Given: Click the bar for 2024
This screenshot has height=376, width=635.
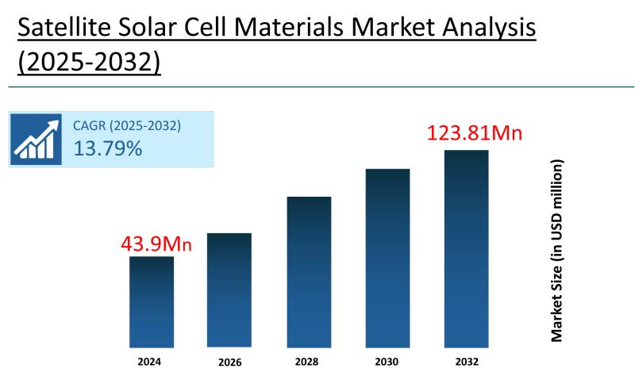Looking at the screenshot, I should (151, 301).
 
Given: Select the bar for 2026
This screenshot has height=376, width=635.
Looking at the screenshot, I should (229, 290).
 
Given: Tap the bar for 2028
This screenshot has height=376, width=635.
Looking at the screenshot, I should (309, 271).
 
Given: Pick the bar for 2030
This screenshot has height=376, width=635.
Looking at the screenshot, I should (387, 258).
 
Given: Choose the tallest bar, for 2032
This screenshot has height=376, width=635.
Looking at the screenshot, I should (466, 248).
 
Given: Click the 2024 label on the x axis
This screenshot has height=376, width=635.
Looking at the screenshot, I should (150, 362).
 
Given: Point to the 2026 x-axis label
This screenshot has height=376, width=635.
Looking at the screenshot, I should (229, 363).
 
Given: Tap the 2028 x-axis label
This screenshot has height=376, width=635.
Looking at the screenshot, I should (309, 362).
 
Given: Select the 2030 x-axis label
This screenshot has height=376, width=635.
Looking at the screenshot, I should (387, 362).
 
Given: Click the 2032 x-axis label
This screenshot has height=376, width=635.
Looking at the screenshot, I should (466, 362).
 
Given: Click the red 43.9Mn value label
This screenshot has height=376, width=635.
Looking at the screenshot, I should (156, 244).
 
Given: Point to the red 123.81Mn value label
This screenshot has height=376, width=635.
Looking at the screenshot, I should (474, 132).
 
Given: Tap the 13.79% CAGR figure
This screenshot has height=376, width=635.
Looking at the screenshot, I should (108, 148).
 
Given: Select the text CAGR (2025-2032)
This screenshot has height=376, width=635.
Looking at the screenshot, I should (127, 126).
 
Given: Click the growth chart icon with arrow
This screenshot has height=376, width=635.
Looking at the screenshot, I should (37, 139).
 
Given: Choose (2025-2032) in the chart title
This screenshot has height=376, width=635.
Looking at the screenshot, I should (89, 63).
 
